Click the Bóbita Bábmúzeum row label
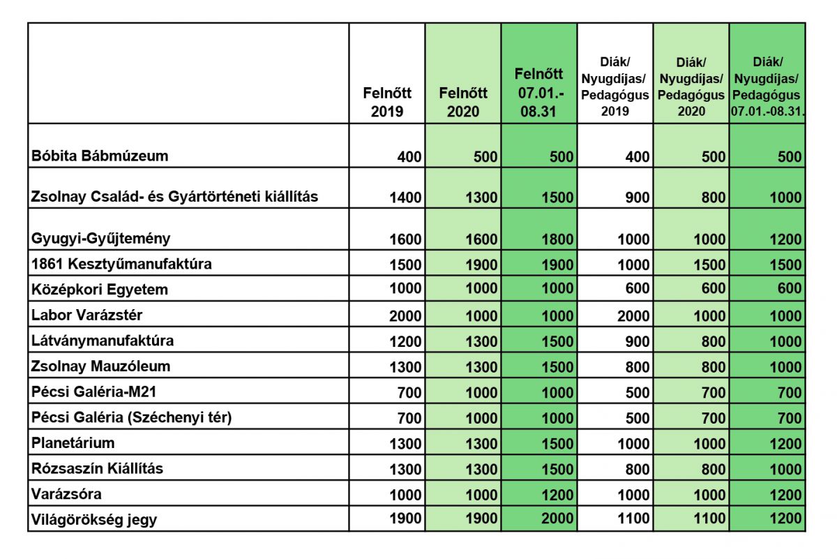[x=100, y=156]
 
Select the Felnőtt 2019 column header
[x=387, y=102]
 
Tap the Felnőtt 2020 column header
[x=463, y=102]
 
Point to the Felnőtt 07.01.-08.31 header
[x=538, y=92]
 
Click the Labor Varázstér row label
[x=86, y=315]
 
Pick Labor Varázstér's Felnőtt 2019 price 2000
[x=405, y=316]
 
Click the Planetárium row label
[x=73, y=443]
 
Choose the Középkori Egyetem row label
[x=99, y=290]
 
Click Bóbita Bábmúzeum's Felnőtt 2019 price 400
[x=409, y=156]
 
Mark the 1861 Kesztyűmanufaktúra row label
[x=121, y=264]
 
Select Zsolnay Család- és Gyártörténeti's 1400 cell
[x=405, y=197]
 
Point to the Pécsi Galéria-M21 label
[x=93, y=392]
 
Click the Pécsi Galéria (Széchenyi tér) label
[x=132, y=417]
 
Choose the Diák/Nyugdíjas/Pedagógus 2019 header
[x=614, y=87]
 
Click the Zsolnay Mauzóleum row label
[x=100, y=366]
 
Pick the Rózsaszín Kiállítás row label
[x=97, y=468]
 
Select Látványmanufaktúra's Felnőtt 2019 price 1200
[x=405, y=341]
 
